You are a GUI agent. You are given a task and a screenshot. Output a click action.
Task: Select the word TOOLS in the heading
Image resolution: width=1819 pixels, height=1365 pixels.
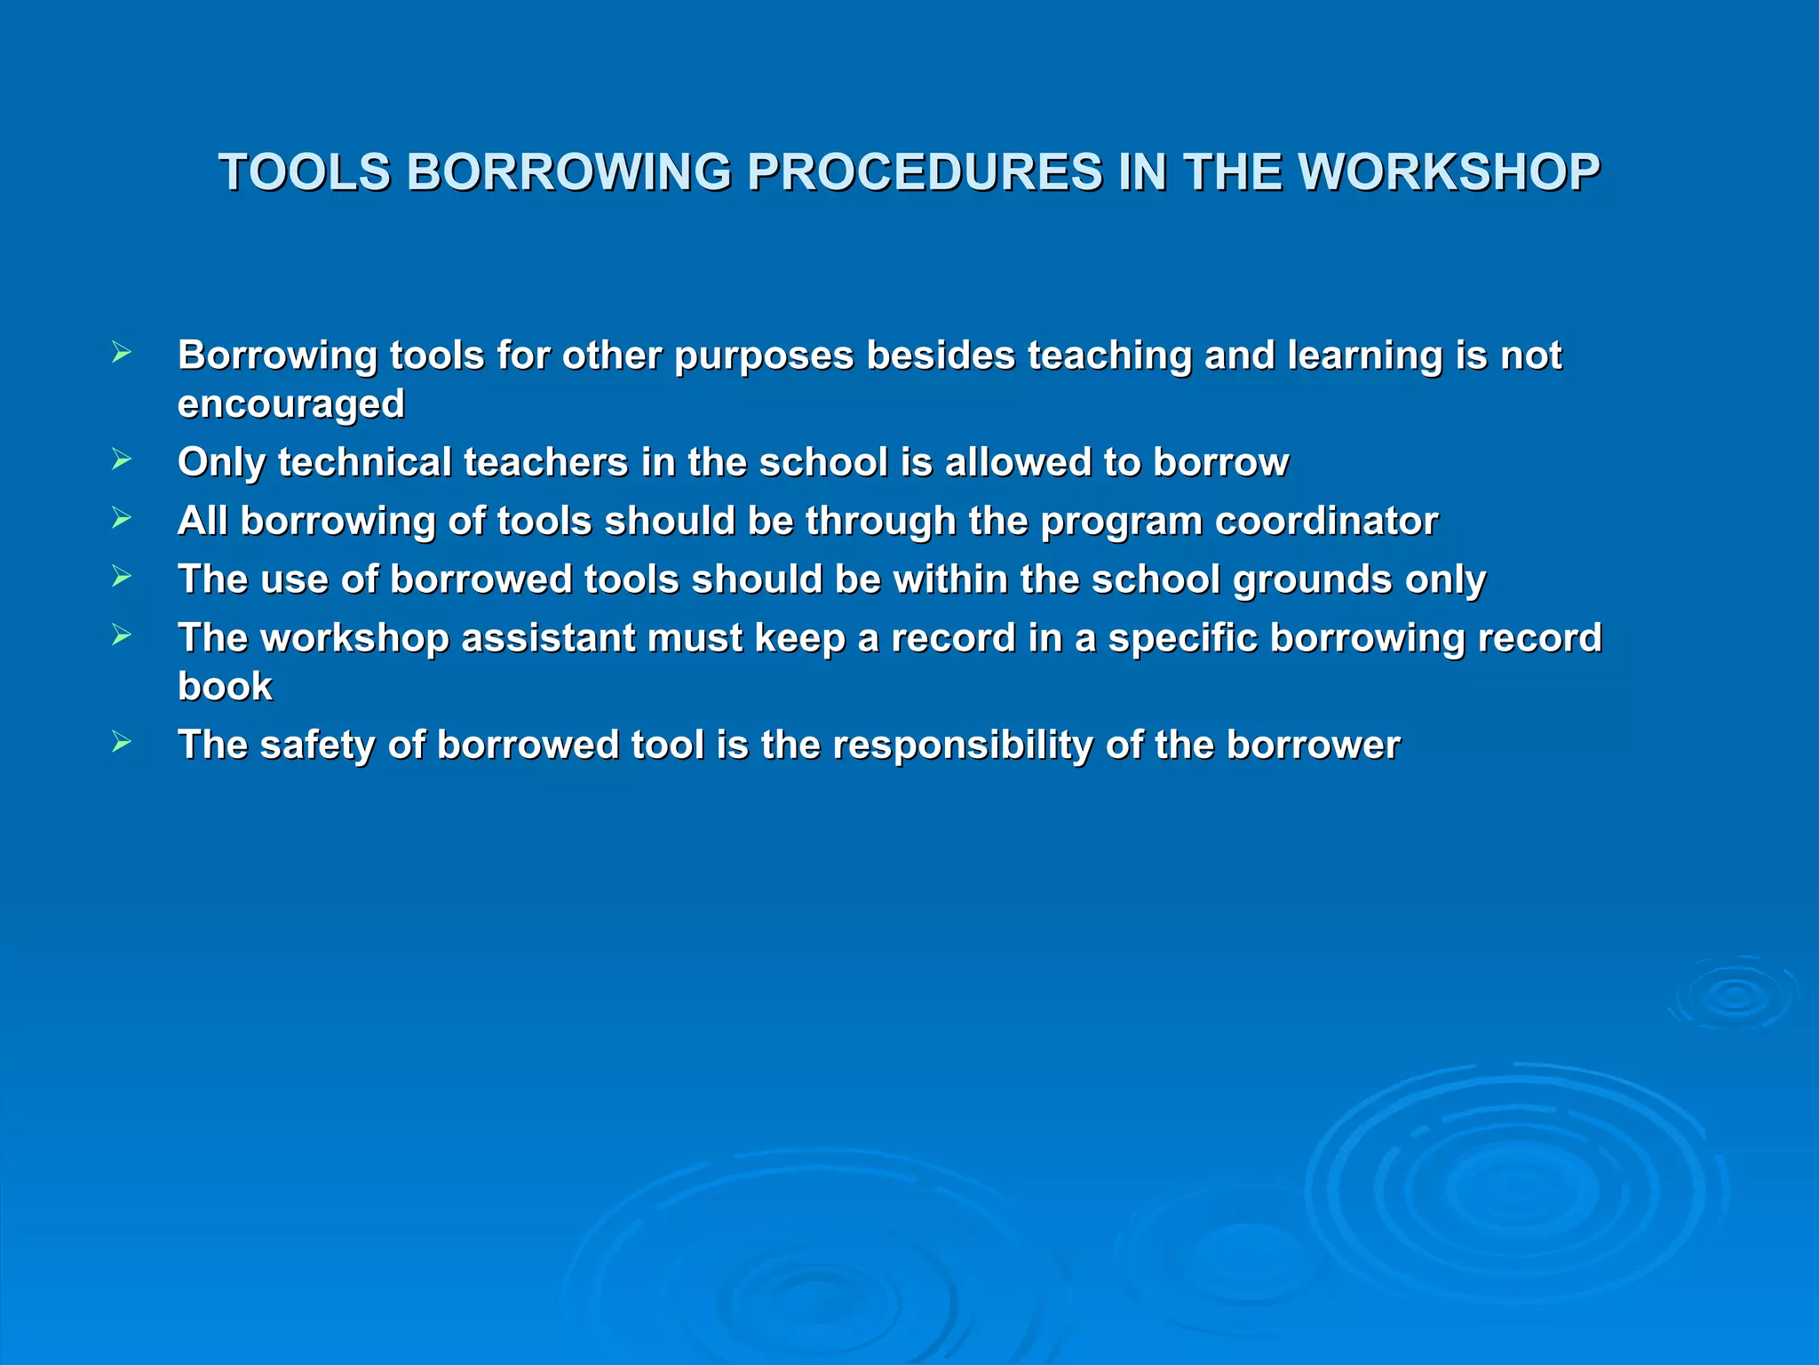(x=305, y=172)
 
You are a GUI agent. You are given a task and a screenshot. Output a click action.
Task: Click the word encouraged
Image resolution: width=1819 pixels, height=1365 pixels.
(x=291, y=404)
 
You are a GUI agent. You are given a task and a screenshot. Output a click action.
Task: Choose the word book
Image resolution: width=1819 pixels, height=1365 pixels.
(x=225, y=687)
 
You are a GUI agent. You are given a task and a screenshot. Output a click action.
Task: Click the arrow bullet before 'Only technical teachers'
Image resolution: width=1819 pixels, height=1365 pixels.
(x=122, y=459)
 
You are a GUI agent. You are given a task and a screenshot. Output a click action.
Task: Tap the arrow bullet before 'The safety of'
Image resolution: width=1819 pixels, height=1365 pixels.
(x=122, y=742)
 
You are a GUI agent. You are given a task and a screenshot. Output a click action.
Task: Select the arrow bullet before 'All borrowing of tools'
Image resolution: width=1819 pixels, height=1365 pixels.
(x=122, y=518)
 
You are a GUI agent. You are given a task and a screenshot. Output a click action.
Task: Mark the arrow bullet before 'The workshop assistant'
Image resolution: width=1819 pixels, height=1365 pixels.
(x=122, y=635)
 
